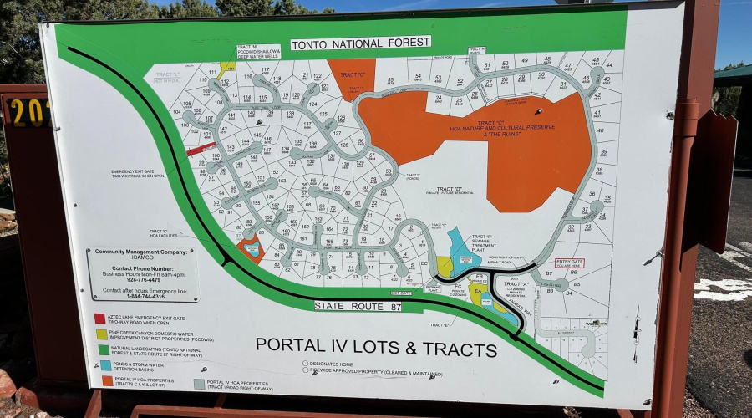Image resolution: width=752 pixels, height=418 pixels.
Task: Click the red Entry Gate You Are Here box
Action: [569, 263]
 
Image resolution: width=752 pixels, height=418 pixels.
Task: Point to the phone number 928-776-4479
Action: [141, 280]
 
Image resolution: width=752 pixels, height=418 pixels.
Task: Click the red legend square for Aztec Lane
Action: [100, 319]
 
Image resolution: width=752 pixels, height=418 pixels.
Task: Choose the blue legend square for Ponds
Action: [105, 365]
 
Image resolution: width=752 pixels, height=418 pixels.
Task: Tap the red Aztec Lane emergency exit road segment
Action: [201, 150]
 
